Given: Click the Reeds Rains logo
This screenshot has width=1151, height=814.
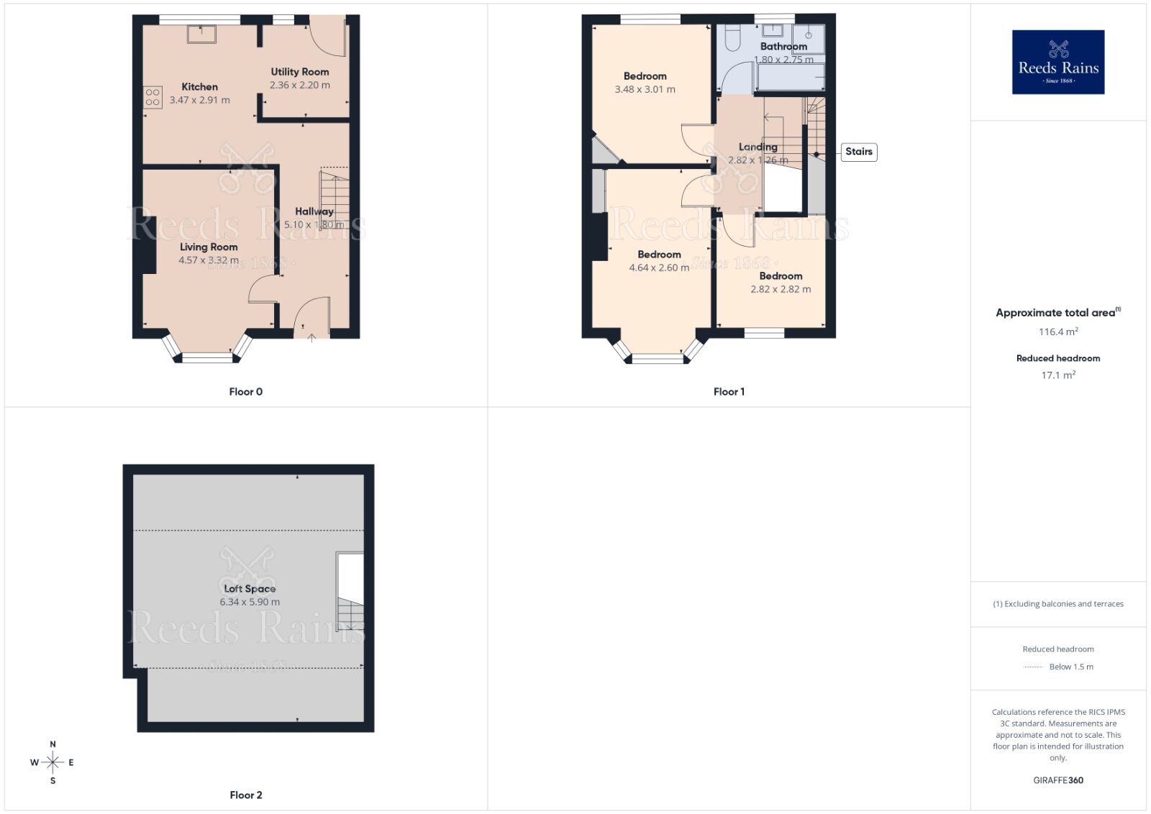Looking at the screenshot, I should [1057, 62].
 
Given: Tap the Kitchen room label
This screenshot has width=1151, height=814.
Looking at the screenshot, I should [199, 86].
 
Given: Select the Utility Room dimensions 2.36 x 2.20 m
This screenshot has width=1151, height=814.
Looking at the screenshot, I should [299, 85].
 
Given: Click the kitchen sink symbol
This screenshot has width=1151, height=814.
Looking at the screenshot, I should [201, 34].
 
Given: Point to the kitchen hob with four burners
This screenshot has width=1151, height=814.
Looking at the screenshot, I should [153, 97].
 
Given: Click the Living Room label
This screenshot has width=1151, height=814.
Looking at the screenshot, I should [209, 247].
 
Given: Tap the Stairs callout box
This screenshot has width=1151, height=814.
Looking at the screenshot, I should [858, 152].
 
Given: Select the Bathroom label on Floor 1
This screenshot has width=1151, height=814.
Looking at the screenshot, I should [783, 46].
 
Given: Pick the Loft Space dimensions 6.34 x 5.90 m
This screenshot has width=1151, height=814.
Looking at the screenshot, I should [250, 602].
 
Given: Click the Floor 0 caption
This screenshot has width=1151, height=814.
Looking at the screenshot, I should [245, 392].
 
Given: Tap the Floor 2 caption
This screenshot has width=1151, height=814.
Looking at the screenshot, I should [245, 795].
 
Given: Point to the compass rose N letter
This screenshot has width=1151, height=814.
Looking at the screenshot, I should [53, 744].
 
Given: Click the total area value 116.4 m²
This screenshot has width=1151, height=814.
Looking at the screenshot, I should [1057, 331].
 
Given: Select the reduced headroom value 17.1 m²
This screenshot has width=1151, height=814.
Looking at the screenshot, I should [1057, 375].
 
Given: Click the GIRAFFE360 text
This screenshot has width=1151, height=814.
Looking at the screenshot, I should [1057, 780].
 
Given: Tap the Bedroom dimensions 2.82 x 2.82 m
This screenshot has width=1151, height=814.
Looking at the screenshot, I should [781, 289].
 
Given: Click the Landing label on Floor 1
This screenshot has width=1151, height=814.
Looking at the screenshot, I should [758, 147].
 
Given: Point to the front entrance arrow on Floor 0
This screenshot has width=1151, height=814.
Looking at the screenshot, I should [311, 337].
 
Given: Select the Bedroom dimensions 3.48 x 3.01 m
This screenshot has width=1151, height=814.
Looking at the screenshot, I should [645, 89].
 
